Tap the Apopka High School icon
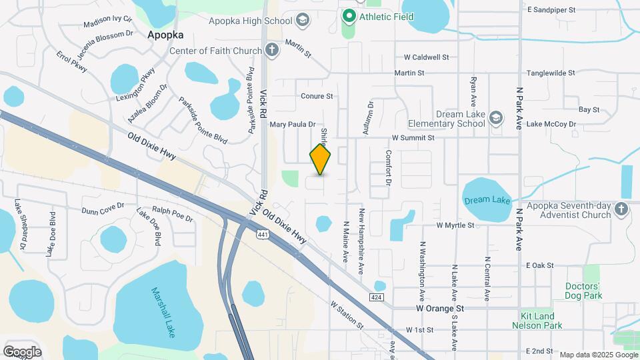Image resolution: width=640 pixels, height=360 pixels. [303, 19]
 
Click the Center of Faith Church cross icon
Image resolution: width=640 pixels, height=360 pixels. [271, 49]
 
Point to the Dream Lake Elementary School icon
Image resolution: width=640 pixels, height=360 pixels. [495, 118]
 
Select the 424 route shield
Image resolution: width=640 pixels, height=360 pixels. [377, 295]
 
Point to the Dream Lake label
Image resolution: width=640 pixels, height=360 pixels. [487, 199]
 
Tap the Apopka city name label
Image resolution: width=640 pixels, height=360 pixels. [165, 35]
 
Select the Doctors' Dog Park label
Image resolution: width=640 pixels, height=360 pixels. [583, 291]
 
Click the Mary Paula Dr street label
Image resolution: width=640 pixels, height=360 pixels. [292, 124]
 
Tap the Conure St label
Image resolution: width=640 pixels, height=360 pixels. [317, 96]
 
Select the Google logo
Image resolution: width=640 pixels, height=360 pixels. [22, 351]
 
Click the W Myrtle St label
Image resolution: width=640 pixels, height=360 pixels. [455, 225]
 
